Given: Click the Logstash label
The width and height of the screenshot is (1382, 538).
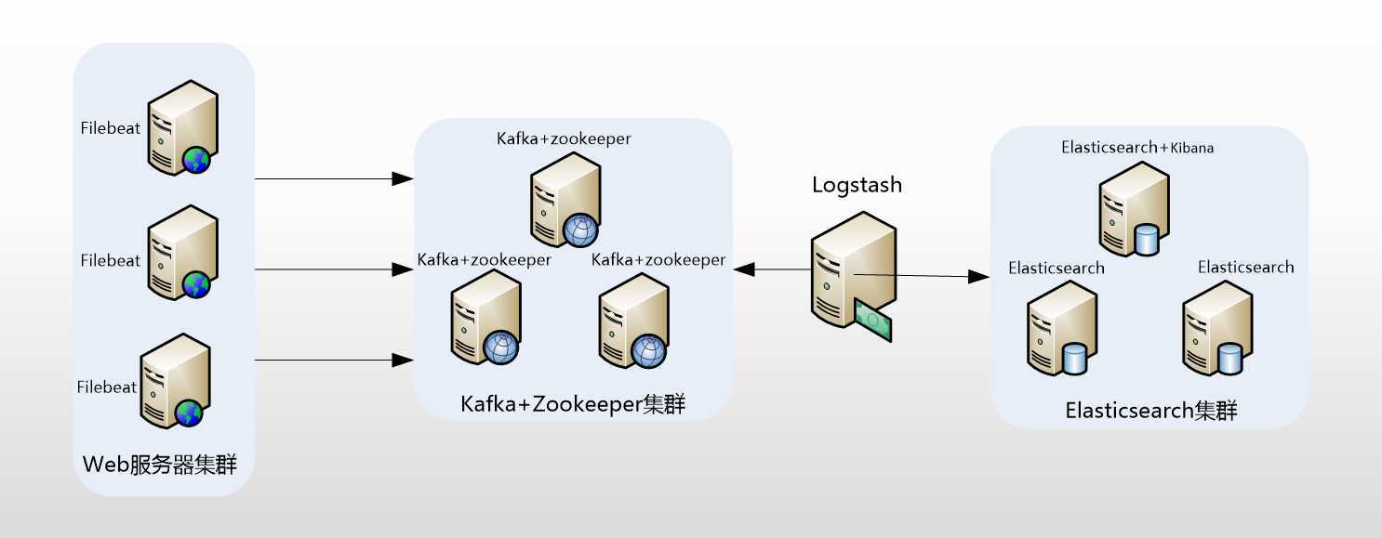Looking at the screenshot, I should pos(857,185).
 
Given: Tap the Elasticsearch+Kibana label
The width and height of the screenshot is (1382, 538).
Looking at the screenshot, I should pos(1137,148).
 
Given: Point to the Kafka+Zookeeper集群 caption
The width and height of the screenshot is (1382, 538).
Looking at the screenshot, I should pos(573,405).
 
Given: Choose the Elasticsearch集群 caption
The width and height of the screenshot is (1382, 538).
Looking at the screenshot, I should pos(1151,411).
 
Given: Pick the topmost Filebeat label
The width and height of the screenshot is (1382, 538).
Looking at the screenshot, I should pos(110,128).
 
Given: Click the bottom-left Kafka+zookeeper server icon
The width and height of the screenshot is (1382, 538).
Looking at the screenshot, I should pos(485,319).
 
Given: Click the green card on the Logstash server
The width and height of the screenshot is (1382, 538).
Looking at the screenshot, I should pos(873,320).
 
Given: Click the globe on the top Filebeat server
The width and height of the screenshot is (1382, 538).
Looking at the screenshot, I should pos(197,161).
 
